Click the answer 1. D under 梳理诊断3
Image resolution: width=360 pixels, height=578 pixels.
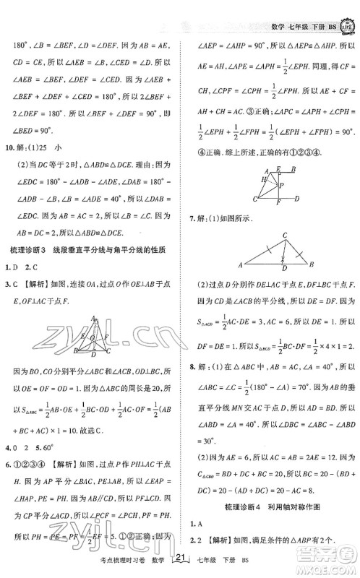click(11, 267)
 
